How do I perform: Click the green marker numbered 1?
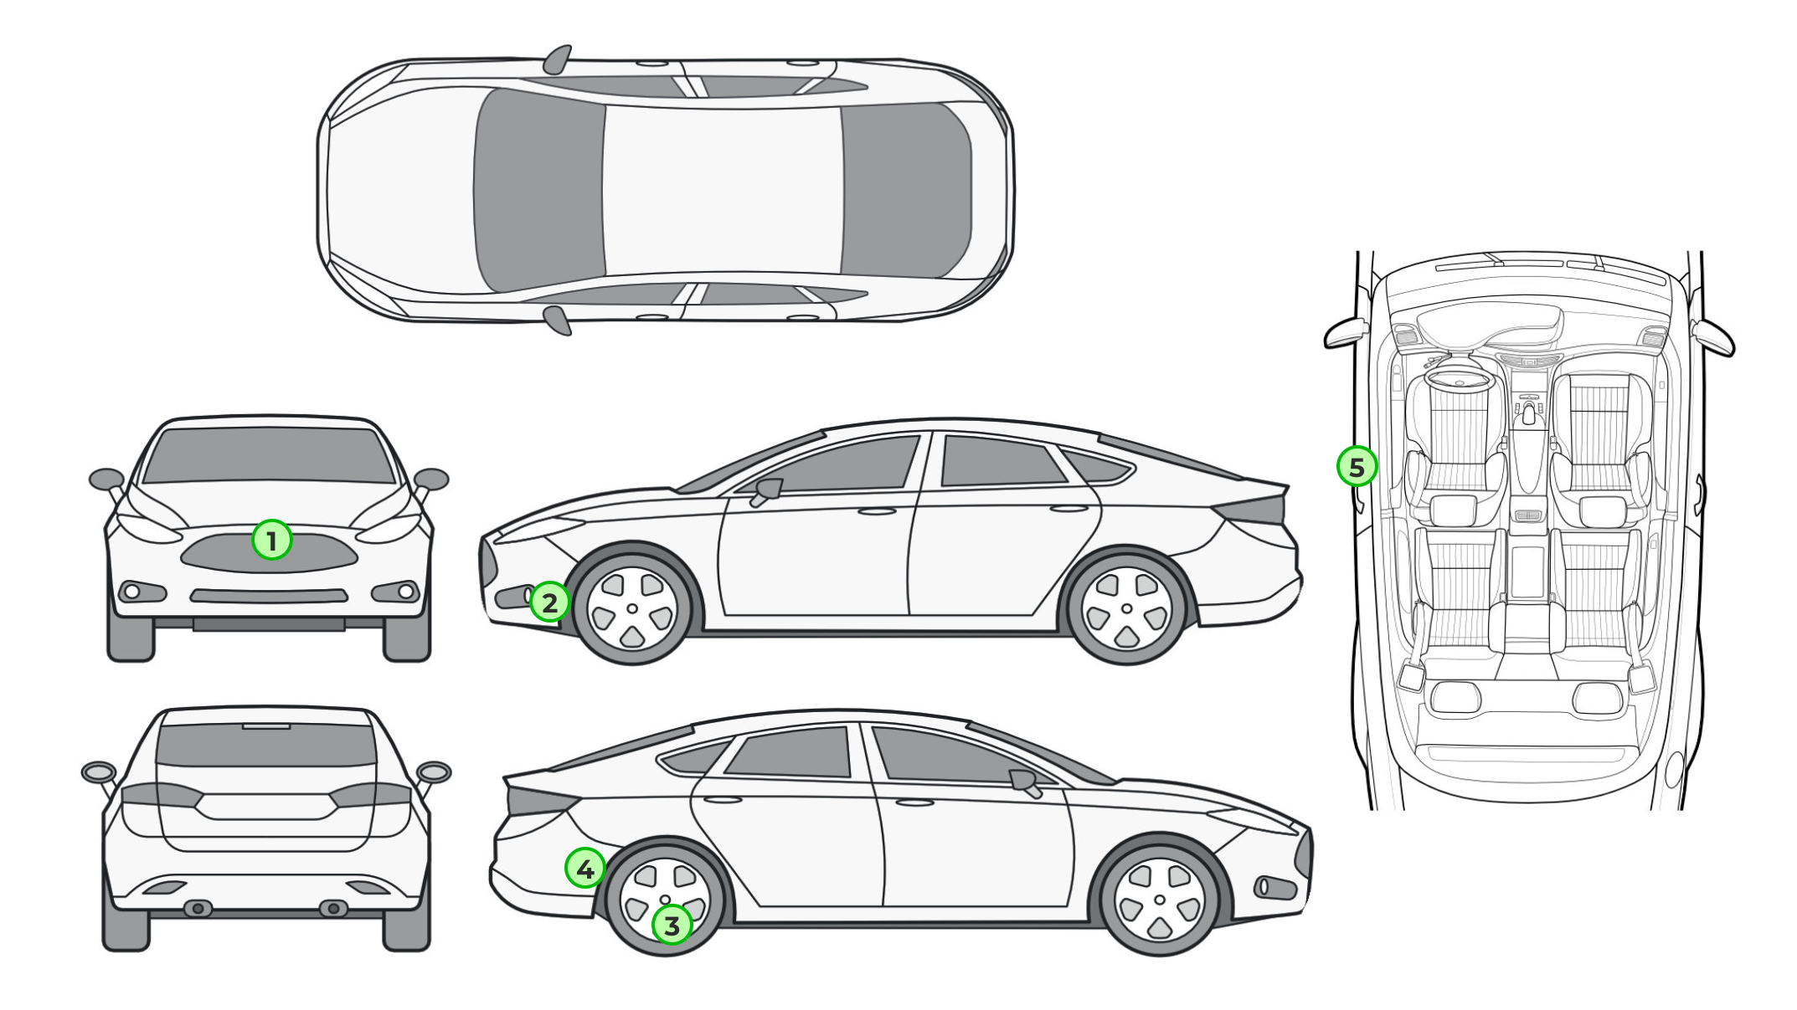(x=271, y=541)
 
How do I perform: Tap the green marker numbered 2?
(x=549, y=602)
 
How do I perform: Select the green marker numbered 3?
(x=672, y=925)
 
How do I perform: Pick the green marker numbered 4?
(x=585, y=869)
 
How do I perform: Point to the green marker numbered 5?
(x=1357, y=466)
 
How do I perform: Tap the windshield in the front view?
(x=268, y=455)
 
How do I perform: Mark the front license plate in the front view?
(x=269, y=624)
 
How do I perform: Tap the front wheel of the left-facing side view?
(x=632, y=608)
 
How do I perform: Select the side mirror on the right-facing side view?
(x=1027, y=782)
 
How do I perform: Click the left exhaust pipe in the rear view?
(x=198, y=908)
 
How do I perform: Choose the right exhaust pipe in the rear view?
(x=332, y=908)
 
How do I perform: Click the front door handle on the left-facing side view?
(x=876, y=510)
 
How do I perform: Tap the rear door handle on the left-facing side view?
(x=1068, y=508)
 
